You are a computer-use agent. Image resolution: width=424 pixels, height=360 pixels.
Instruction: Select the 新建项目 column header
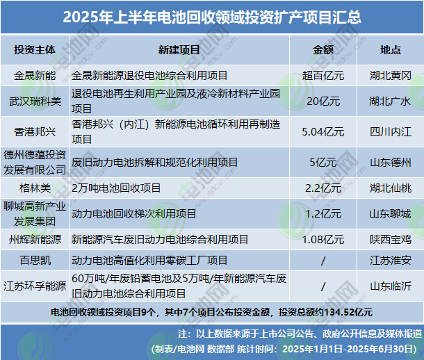pos(179,50)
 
